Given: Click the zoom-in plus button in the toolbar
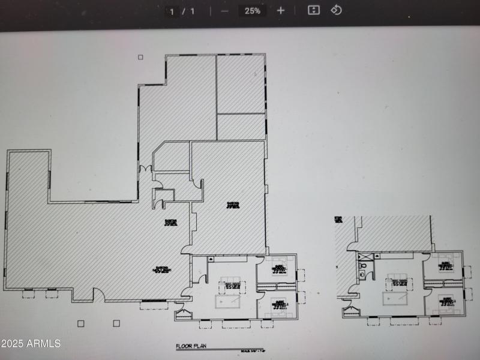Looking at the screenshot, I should click(x=281, y=11).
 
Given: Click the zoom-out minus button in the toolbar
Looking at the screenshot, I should click(x=224, y=11).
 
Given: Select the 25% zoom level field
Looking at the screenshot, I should click(x=252, y=11).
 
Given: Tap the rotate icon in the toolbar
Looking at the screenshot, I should click(x=337, y=10).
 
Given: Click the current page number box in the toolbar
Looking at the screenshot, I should click(x=173, y=11).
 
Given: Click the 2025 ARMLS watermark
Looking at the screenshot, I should click(x=31, y=344).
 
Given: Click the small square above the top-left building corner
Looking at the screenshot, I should click(x=140, y=58).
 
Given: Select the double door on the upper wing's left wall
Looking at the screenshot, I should click(x=144, y=170).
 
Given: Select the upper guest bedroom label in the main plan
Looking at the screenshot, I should click(x=279, y=268).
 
